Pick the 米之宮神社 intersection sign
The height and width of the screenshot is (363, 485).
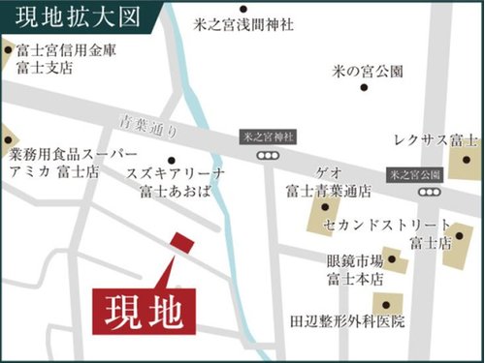(266, 138)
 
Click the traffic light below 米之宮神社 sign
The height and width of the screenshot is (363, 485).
(267, 155)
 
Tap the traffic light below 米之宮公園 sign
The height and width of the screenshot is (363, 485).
(427, 192)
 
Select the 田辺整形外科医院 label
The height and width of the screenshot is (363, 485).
(346, 320)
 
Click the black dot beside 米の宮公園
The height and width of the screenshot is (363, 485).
(364, 87)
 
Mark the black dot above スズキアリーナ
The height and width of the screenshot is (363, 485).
(171, 161)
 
